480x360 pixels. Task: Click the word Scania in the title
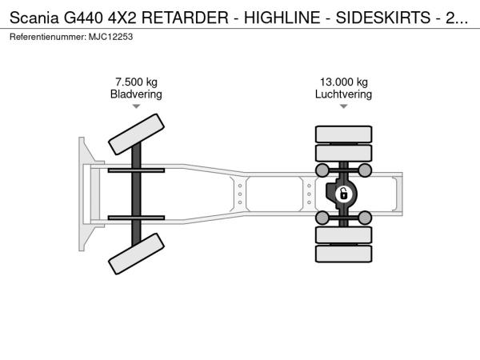[34, 18]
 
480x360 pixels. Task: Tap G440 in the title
[83, 18]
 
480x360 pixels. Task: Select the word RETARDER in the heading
[185, 18]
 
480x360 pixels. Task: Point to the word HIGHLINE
[282, 18]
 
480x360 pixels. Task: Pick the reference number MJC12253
[111, 37]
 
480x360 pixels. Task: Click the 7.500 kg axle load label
[136, 82]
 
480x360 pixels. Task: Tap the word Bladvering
[136, 94]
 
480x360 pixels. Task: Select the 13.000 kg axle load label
[344, 82]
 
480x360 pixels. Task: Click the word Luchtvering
[343, 94]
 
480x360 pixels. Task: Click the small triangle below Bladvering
[136, 106]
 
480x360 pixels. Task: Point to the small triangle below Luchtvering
[344, 106]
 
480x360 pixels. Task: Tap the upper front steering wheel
[136, 134]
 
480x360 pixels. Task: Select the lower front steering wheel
[136, 254]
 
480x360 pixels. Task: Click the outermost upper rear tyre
[344, 134]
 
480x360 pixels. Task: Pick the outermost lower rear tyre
[344, 254]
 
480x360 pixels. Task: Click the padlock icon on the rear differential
[343, 194]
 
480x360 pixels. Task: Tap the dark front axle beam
[136, 194]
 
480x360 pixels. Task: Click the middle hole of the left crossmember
[240, 194]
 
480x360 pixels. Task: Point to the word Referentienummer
[48, 37]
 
